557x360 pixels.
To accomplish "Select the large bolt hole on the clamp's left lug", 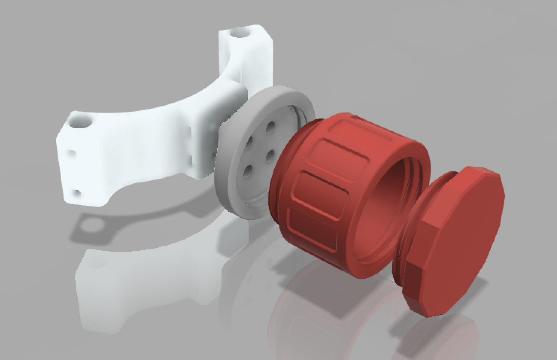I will (80, 122).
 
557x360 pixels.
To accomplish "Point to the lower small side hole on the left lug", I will (77, 194).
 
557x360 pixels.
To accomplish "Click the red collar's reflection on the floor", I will (320, 316).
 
